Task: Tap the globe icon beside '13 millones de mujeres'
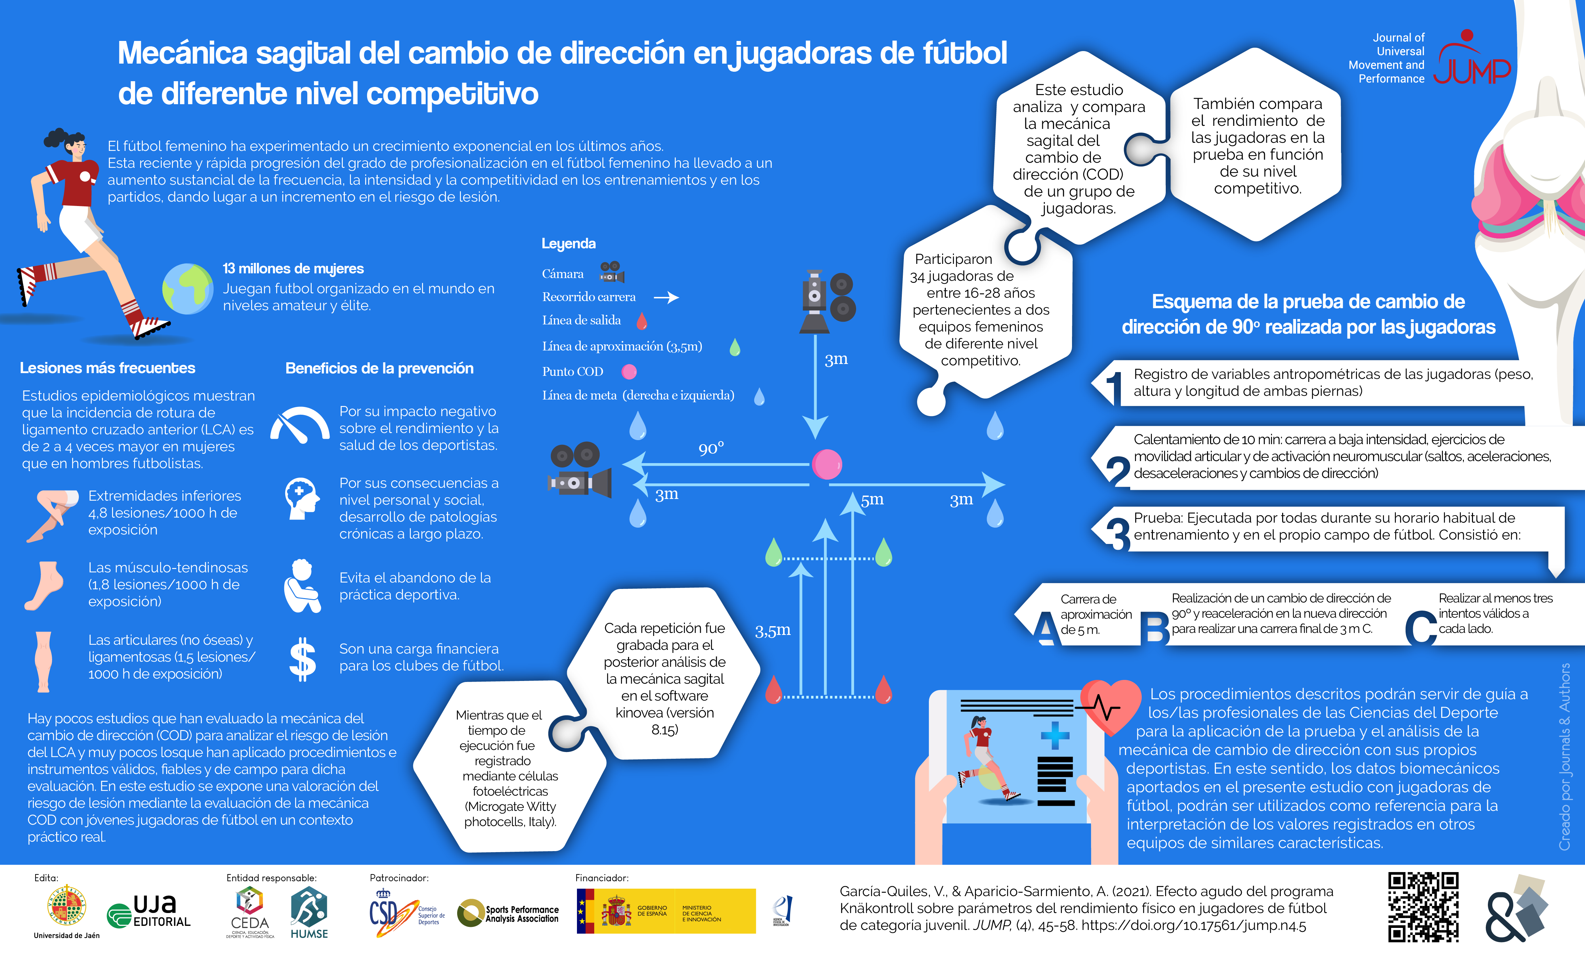(187, 289)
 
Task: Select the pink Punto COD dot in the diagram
(827, 464)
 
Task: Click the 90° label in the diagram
(711, 448)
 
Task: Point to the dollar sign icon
(302, 659)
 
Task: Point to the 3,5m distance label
(773, 630)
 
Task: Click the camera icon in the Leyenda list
(612, 272)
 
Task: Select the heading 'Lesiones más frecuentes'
(107, 368)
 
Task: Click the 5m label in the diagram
(872, 500)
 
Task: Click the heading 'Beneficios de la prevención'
(380, 368)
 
